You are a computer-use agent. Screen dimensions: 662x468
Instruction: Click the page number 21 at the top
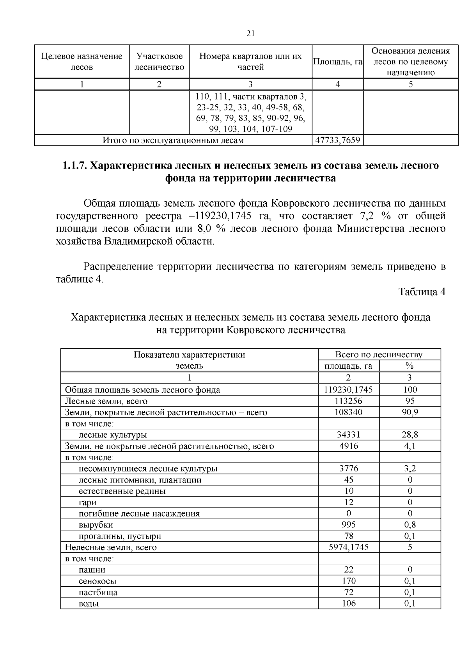click(250, 34)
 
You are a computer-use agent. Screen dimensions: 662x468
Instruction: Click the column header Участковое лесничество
click(159, 62)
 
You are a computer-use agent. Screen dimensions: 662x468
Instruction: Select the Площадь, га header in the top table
click(338, 62)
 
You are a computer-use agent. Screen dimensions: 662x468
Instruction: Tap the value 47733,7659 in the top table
click(338, 140)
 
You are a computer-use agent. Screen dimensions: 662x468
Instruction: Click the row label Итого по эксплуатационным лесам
click(173, 140)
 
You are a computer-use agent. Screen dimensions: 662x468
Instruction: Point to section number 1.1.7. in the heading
click(75, 166)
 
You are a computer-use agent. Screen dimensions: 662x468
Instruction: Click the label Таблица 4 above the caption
click(422, 292)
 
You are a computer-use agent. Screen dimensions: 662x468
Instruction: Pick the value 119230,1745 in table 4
click(348, 389)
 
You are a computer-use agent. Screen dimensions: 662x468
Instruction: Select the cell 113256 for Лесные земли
click(348, 401)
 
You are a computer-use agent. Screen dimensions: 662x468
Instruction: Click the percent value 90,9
click(410, 412)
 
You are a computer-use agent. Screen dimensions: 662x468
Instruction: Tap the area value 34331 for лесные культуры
click(348, 435)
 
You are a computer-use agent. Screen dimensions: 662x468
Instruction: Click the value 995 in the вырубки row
click(348, 525)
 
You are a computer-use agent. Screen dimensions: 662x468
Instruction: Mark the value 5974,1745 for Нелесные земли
click(348, 547)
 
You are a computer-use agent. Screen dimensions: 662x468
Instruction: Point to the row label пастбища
click(98, 592)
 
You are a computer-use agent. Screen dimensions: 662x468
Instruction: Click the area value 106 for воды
click(348, 603)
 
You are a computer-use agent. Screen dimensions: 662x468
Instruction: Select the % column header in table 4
click(409, 366)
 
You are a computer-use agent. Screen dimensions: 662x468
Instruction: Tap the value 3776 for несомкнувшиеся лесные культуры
click(348, 469)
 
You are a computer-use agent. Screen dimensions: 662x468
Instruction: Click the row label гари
click(87, 502)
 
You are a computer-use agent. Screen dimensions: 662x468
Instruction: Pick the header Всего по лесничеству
click(379, 355)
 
